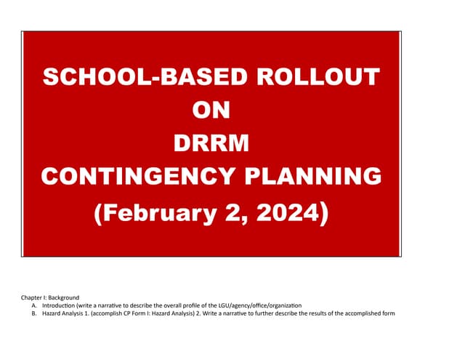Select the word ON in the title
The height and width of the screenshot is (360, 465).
click(211, 110)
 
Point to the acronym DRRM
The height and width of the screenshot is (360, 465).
click(211, 143)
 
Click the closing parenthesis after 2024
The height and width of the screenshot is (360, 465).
click(324, 212)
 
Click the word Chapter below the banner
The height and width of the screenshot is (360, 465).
click(32, 298)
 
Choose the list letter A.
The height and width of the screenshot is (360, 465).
click(34, 306)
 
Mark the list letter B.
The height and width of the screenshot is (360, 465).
click(34, 314)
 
